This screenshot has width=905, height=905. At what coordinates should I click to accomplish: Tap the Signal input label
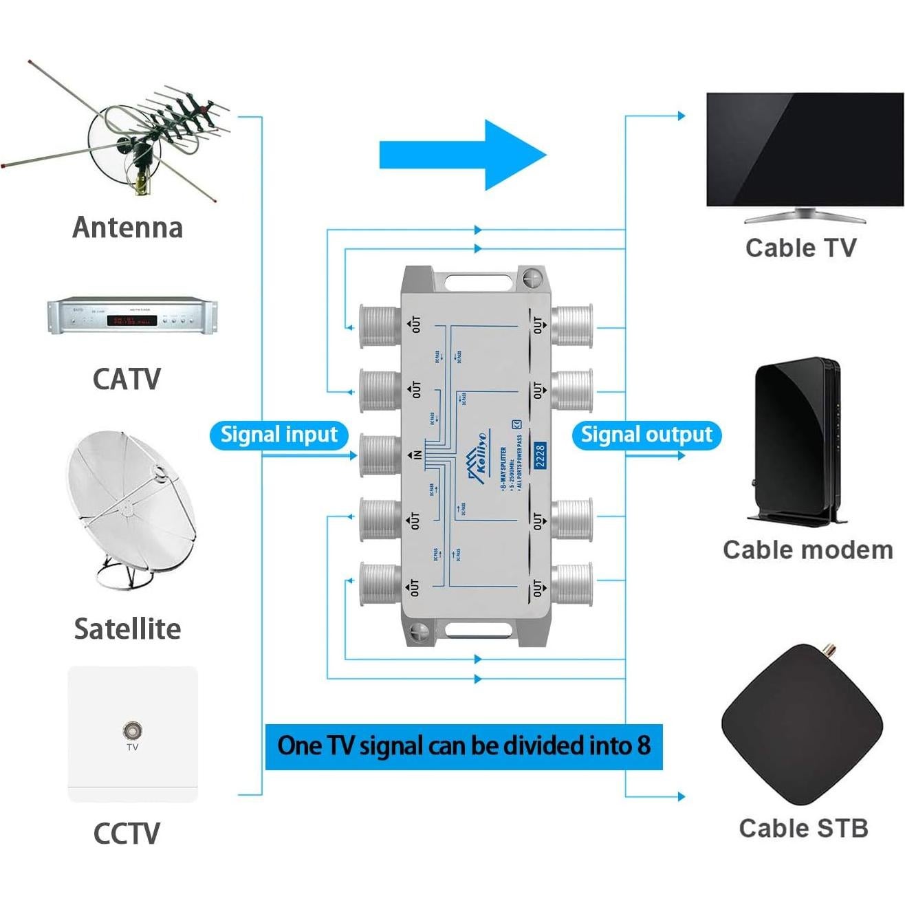(x=279, y=435)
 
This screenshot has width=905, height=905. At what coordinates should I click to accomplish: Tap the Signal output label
(x=646, y=435)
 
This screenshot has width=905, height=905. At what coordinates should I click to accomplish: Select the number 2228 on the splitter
(x=540, y=456)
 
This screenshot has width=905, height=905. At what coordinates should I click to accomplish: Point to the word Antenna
(x=128, y=228)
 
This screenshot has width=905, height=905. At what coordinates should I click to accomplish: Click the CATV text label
(x=127, y=380)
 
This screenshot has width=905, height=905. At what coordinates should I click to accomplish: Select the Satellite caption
(x=128, y=629)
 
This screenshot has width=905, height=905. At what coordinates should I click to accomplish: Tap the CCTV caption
(x=127, y=833)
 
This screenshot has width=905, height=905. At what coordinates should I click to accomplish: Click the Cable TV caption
(x=801, y=248)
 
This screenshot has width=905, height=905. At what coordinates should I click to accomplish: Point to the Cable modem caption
(x=808, y=550)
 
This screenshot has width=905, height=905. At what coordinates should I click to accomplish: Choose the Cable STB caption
(x=803, y=829)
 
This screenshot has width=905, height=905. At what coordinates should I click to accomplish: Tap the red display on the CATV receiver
(x=135, y=320)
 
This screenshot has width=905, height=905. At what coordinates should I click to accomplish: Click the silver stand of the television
(x=805, y=216)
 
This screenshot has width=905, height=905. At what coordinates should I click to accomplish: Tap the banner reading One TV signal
(x=464, y=746)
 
